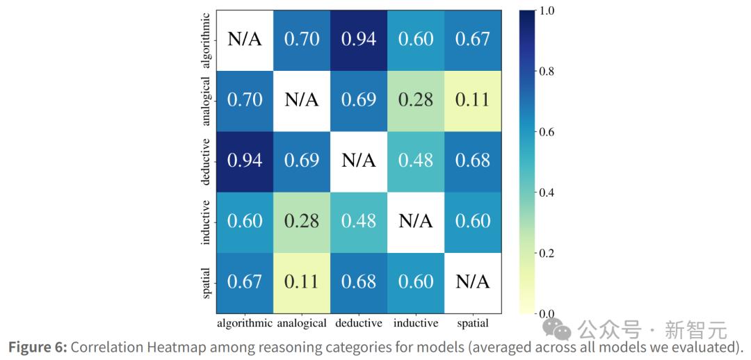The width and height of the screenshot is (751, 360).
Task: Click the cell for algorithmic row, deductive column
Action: (359, 39)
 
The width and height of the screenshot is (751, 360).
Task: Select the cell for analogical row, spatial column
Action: (472, 99)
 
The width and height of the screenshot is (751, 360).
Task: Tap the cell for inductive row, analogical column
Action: (302, 221)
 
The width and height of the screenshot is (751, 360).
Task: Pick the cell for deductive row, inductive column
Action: (415, 161)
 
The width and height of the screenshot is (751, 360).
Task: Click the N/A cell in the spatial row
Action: (472, 281)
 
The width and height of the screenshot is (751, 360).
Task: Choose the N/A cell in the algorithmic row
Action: (245, 39)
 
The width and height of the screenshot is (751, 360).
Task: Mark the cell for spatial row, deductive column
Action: (359, 281)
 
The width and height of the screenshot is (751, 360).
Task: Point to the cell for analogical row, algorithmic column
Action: (245, 99)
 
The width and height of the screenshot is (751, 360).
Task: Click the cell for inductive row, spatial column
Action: (472, 221)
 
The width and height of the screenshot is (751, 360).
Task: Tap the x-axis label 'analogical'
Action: (302, 323)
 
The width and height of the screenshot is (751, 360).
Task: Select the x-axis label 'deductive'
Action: (359, 323)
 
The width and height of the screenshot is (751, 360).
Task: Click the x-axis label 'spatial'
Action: (472, 323)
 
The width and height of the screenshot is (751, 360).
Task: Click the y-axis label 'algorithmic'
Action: (206, 39)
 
